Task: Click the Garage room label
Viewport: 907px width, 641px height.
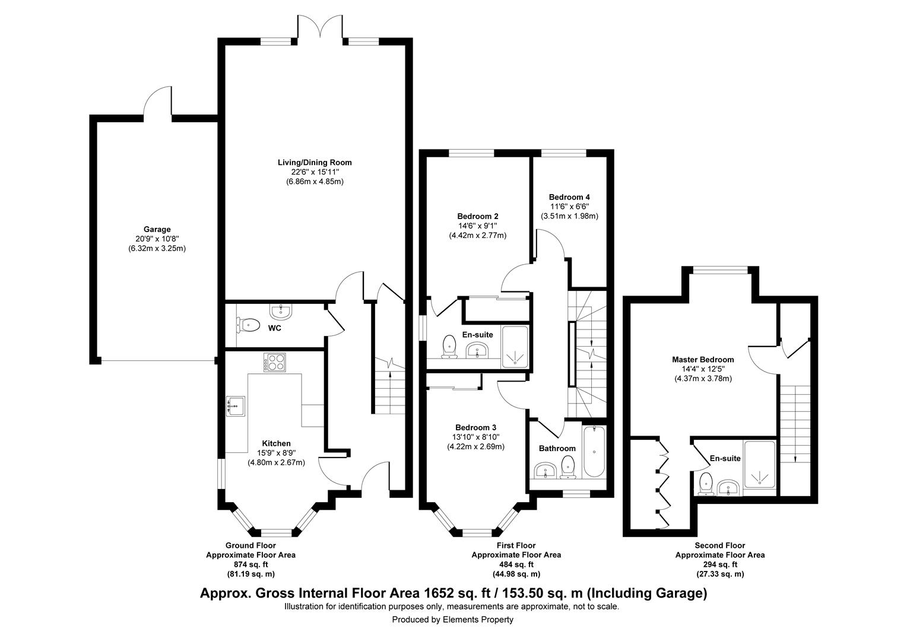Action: pos(157,229)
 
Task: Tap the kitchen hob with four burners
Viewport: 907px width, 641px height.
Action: pos(274,362)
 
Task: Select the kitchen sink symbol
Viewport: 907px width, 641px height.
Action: pos(236,406)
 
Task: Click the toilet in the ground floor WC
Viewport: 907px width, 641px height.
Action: pos(249,325)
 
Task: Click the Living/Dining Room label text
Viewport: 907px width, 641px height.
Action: pos(315,162)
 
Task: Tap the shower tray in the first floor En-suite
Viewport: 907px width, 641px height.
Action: pos(515,347)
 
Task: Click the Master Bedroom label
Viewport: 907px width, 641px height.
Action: pos(703,359)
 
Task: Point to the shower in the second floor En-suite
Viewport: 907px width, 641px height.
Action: pos(759,465)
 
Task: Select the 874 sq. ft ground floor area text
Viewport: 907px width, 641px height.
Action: pos(250,564)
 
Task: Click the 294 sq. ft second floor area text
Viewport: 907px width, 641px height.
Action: pos(719,564)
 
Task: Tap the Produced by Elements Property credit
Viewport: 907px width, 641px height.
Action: pos(452,620)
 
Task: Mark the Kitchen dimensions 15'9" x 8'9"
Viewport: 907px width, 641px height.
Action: pos(276,453)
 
